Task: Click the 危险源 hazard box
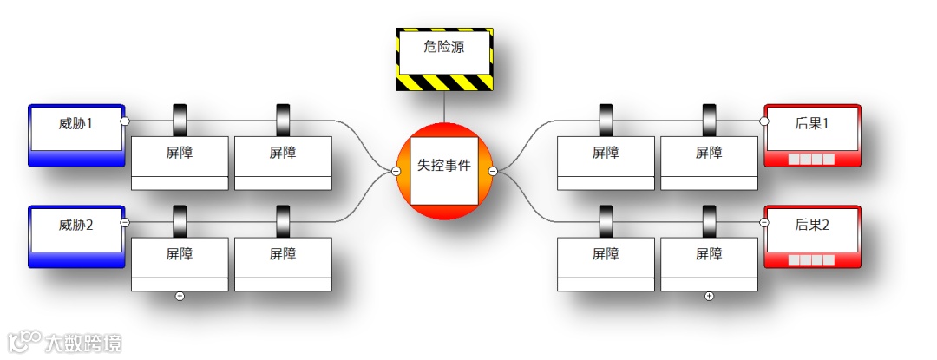click(x=444, y=58)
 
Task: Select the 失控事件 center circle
click(x=444, y=171)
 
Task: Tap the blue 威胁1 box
click(x=75, y=134)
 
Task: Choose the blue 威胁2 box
click(x=75, y=235)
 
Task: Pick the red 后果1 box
click(x=812, y=134)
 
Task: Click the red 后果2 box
click(x=812, y=235)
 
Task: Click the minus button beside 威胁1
click(x=125, y=121)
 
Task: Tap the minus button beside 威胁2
click(x=125, y=223)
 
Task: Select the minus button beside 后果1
click(x=764, y=121)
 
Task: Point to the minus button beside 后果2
click(x=764, y=223)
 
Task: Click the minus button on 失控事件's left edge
click(x=396, y=171)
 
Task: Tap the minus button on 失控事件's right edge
click(x=493, y=171)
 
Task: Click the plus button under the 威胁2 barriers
click(x=180, y=297)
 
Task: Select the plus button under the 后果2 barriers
click(x=709, y=297)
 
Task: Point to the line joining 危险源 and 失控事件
click(x=444, y=107)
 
